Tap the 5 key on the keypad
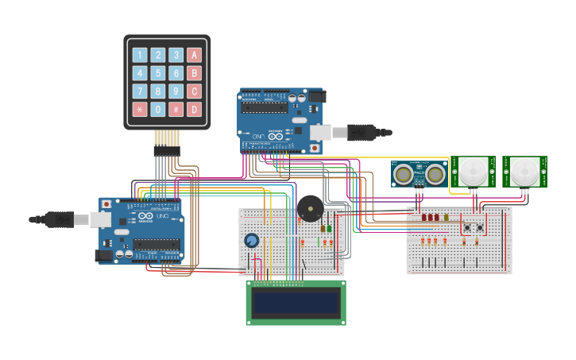[x=158, y=73]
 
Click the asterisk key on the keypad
[x=140, y=109]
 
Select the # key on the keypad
[x=176, y=109]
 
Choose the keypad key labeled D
[x=194, y=109]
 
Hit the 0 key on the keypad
[x=158, y=109]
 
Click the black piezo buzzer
[x=310, y=209]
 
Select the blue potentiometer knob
[x=251, y=240]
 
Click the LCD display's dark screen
[x=296, y=301]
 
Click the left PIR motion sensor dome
[x=474, y=171]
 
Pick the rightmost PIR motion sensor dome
[x=524, y=171]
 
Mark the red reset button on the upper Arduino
[x=314, y=148]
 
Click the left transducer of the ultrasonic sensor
[x=404, y=173]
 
